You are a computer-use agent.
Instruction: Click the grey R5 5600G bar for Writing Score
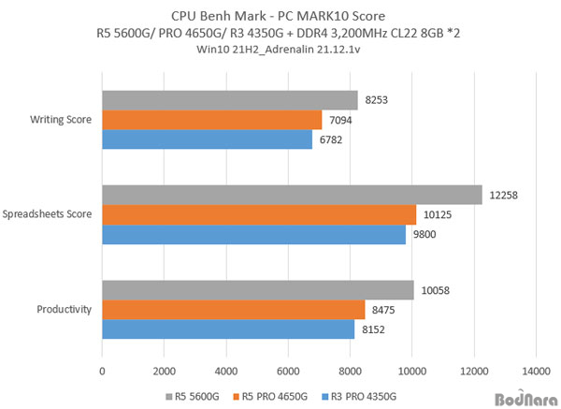tap(229, 100)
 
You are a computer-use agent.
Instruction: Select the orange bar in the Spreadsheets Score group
tap(259, 214)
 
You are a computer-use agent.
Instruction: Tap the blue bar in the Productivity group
tap(228, 329)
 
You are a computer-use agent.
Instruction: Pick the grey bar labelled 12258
tap(292, 195)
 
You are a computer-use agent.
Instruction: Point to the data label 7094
tap(342, 120)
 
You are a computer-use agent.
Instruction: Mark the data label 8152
tap(375, 329)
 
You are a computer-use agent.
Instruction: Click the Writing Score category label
tap(61, 120)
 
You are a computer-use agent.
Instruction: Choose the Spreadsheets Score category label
tap(48, 214)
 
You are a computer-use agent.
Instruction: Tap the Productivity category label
tap(64, 310)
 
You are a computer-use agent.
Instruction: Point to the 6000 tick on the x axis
tap(288, 369)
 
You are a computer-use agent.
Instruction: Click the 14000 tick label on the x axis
tap(536, 369)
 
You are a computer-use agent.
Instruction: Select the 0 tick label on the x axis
tap(102, 369)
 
